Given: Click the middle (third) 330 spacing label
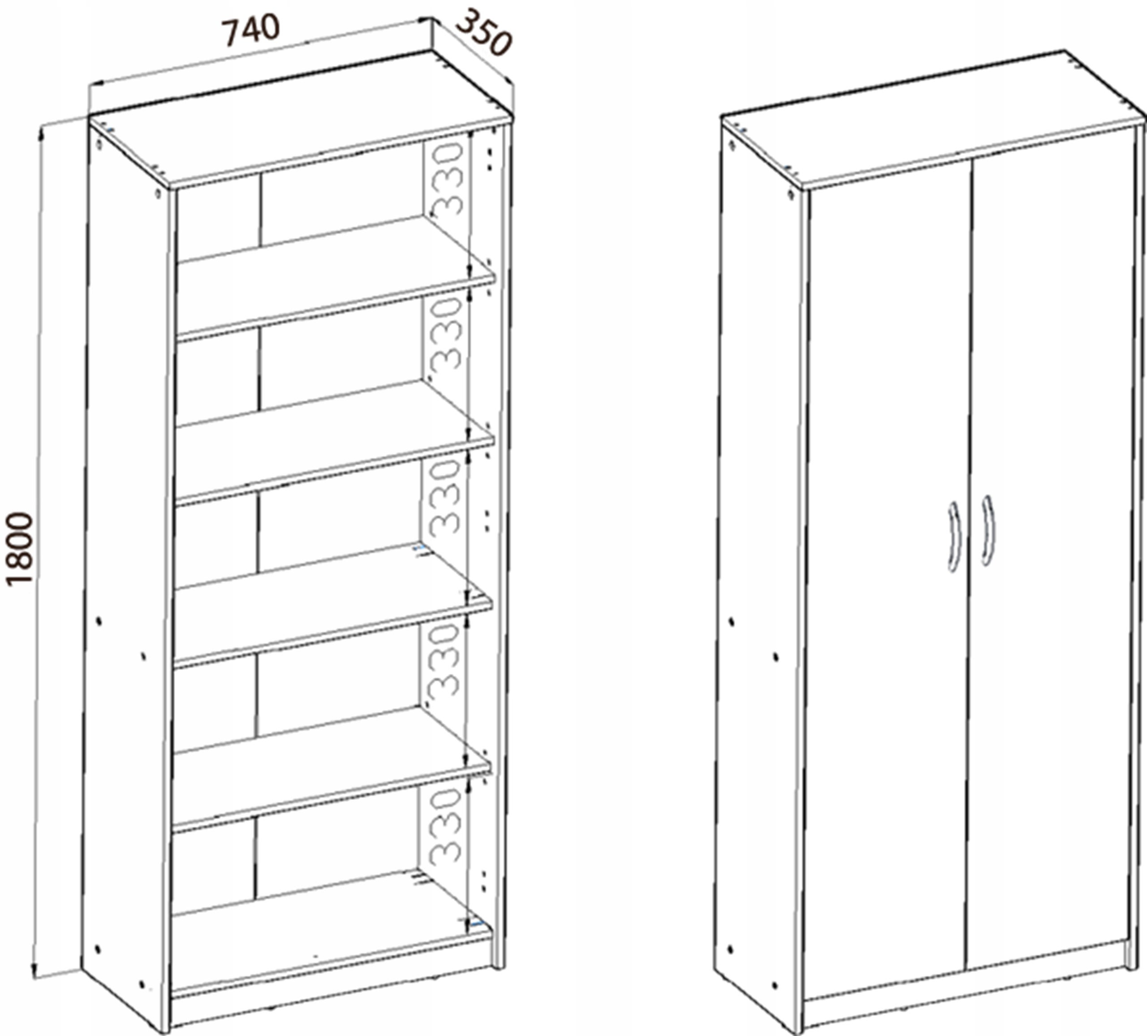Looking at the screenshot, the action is coord(445,499).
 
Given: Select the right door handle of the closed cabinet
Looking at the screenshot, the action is coord(989,530).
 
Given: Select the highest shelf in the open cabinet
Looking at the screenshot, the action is coord(336,278).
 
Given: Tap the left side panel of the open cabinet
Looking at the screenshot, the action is coord(126,569).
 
